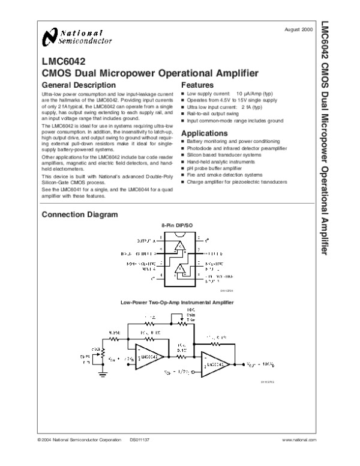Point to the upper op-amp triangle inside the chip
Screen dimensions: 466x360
tap(180, 247)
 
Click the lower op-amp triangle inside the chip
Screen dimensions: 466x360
tap(180, 270)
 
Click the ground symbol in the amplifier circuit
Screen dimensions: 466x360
tap(103, 374)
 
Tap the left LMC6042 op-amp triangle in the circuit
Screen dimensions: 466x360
tap(148, 356)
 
